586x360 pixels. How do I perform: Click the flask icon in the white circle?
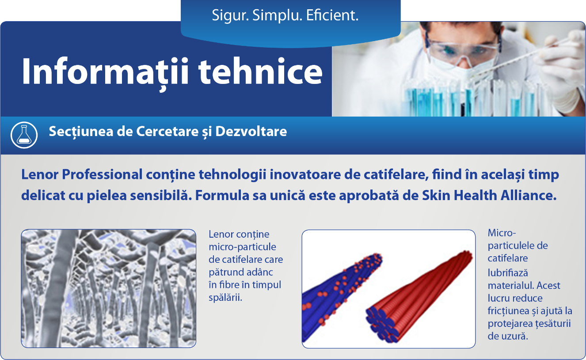(24, 135)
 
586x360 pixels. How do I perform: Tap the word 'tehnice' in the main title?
(260, 72)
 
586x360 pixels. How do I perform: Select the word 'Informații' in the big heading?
(105, 73)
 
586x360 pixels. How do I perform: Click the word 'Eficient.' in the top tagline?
(332, 15)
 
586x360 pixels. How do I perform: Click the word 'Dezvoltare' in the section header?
(251, 131)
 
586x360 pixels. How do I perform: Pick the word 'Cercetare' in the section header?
(167, 131)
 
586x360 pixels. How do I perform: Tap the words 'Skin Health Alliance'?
(489, 195)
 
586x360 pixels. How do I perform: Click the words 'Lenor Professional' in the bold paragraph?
(82, 174)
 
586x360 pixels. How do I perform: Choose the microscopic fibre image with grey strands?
(109, 288)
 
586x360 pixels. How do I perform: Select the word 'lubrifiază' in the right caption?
(508, 273)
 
